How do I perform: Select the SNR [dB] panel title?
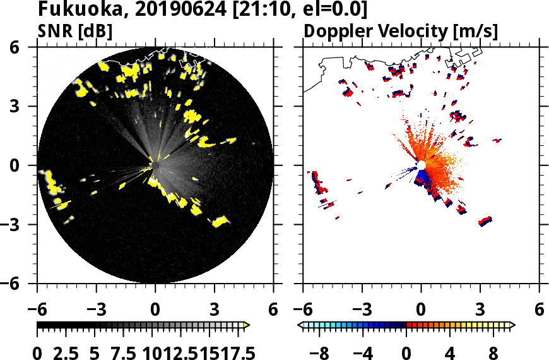point(75,31)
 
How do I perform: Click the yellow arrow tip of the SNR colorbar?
point(247,325)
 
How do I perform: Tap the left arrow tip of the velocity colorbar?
point(300,325)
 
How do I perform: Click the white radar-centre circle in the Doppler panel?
point(421,165)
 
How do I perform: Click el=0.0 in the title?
point(332,10)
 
